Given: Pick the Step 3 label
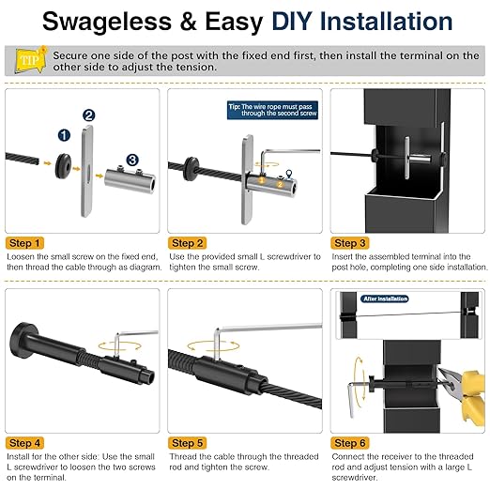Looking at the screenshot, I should (x=352, y=242).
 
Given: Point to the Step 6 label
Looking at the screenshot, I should (x=352, y=441).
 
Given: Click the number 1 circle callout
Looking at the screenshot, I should (x=62, y=136).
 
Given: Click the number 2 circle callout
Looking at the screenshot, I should (x=88, y=115).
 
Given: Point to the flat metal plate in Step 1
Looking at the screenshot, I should (x=88, y=174).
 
